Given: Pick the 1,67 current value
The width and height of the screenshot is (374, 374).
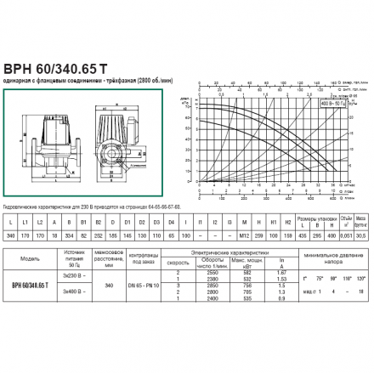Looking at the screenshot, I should coord(280,272).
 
